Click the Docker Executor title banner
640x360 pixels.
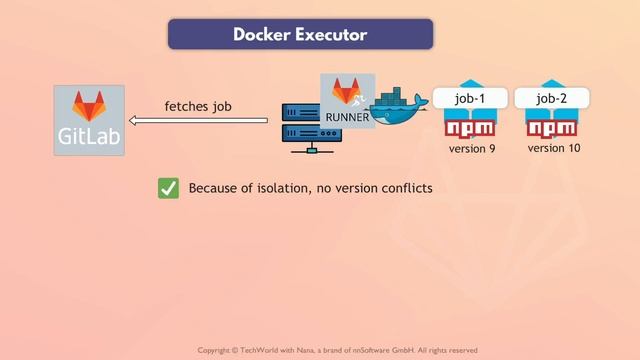click(300, 34)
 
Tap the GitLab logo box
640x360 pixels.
click(90, 120)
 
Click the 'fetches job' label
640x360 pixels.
click(198, 106)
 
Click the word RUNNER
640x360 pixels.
click(348, 117)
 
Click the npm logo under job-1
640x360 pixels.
click(470, 129)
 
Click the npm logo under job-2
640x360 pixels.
click(552, 129)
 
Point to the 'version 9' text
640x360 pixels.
click(472, 149)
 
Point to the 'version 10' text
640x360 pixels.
click(554, 148)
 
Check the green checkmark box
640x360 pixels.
click(168, 188)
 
